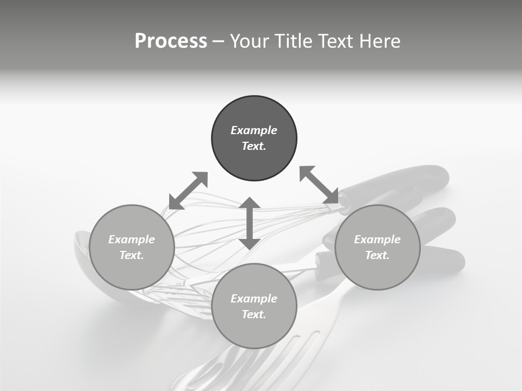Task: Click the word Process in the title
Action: [171, 41]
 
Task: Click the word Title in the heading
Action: [294, 41]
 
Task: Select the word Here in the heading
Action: [379, 41]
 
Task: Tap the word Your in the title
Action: [250, 41]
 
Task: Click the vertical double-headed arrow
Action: [250, 223]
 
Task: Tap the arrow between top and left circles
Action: [188, 190]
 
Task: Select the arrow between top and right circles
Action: [319, 185]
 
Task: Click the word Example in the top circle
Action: [254, 130]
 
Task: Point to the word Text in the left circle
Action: [132, 255]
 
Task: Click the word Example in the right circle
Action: [377, 239]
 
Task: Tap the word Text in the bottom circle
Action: [254, 314]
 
